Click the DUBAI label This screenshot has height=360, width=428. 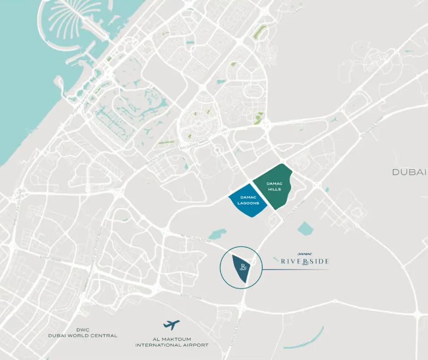(409, 172)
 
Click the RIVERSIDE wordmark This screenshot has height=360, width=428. (305, 261)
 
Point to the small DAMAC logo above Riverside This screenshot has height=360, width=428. (304, 254)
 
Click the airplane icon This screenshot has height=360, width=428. (172, 325)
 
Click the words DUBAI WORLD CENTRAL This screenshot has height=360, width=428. (83, 335)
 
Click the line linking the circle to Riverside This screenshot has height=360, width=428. (296, 270)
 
